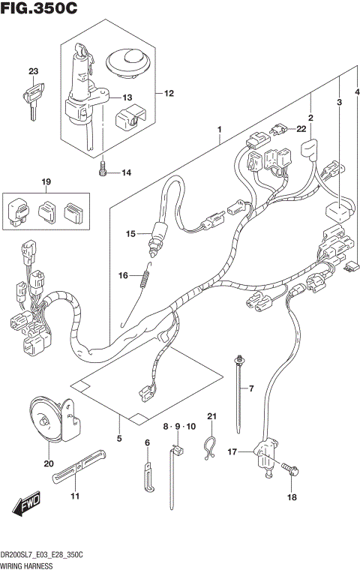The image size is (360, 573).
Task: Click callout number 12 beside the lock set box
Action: point(169,94)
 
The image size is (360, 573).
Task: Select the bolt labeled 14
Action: point(103,172)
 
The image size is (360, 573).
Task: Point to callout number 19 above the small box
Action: point(46,182)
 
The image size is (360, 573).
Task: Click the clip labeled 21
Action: point(211,448)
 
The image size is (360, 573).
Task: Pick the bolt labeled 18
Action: point(292,470)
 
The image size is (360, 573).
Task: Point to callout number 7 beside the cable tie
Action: point(252,388)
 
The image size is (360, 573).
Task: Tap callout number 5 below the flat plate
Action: point(118,438)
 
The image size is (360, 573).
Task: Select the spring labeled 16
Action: point(145,278)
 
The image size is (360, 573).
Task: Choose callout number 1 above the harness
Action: point(219,130)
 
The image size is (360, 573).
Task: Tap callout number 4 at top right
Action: point(357,91)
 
